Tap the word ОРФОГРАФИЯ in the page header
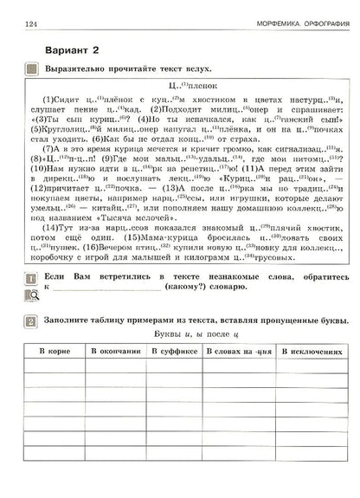click(x=308, y=20)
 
